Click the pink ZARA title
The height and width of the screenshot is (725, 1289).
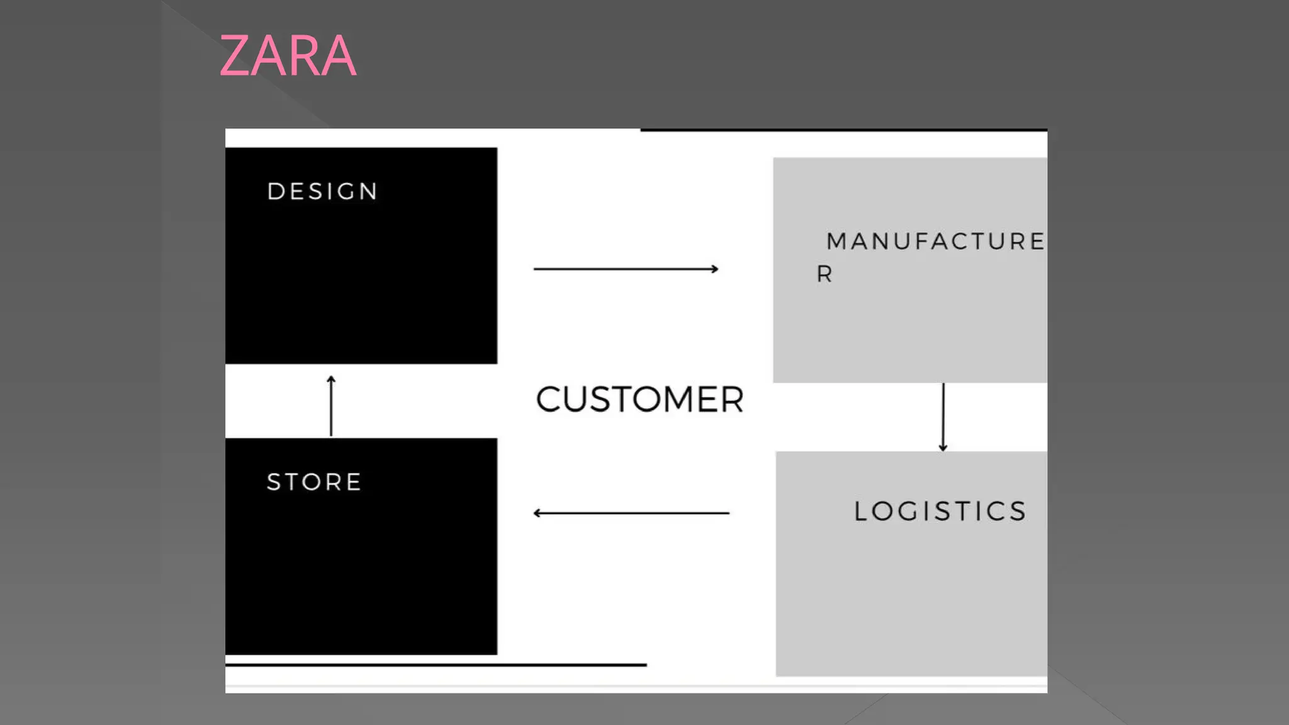point(288,56)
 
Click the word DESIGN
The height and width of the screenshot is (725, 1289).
point(322,191)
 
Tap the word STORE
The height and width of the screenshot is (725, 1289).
point(314,482)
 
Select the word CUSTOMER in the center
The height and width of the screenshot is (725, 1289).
point(639,400)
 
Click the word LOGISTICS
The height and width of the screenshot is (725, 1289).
point(940,511)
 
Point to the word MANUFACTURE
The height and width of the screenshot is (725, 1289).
point(935,242)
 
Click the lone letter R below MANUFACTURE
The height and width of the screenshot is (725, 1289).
point(825,274)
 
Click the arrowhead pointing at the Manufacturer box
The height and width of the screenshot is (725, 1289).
point(714,269)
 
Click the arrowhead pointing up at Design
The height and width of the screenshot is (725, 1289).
point(331,379)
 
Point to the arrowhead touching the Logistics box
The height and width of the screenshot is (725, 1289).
point(943,447)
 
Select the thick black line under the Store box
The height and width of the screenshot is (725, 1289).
point(436,665)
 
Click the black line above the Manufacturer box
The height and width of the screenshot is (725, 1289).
point(843,130)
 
